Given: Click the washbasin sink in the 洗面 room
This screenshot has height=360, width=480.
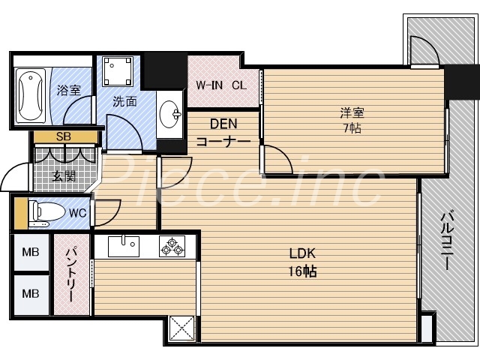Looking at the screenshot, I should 171,115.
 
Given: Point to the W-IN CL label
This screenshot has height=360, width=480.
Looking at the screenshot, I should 220,85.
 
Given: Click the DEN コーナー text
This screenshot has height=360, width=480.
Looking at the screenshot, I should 222,132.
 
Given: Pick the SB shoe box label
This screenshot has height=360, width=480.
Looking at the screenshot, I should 64,137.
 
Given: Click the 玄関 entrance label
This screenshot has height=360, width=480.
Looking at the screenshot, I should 64,176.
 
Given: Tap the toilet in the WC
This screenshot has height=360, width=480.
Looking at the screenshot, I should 45,212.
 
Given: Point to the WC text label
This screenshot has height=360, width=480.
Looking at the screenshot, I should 76,212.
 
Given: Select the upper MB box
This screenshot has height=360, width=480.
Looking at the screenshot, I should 31,253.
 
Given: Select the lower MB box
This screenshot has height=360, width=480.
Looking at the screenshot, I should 31,293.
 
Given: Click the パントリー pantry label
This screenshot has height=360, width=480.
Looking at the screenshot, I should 70,274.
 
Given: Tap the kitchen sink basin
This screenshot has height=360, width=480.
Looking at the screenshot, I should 123,244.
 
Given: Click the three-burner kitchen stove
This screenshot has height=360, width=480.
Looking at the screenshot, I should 172,244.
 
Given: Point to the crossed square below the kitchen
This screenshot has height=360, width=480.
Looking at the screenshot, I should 181,328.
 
